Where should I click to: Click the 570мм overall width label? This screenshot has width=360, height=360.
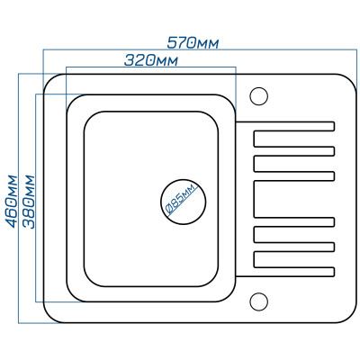193,43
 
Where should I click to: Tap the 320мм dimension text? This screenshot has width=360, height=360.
151,60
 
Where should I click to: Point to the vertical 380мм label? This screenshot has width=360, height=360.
29,202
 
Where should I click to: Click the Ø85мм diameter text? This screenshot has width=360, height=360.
182,199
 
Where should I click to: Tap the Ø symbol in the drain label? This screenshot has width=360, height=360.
168,210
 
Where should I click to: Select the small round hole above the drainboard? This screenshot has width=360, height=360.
258,96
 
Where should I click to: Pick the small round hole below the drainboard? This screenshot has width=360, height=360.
258,301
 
